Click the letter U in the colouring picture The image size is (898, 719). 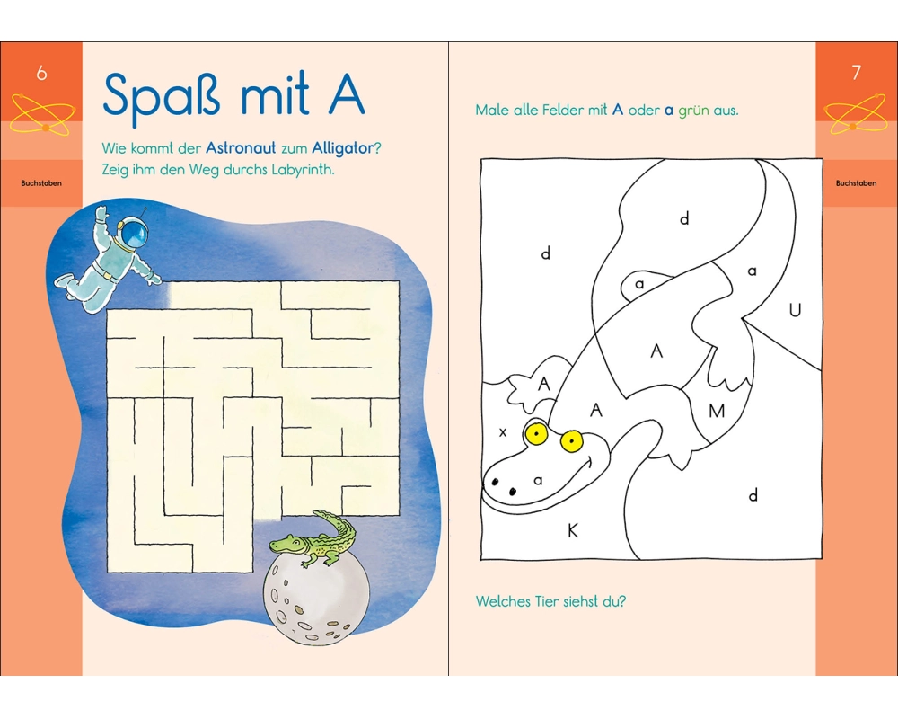tap(795, 310)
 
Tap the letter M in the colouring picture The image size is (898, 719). tap(717, 411)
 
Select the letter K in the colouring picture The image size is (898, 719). tap(572, 531)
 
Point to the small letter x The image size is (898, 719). tap(503, 432)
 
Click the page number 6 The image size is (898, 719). tap(41, 73)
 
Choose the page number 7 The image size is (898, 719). tap(856, 73)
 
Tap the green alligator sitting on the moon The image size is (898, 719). tap(313, 538)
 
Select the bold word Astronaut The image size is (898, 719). tap(241, 148)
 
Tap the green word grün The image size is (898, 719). tap(693, 110)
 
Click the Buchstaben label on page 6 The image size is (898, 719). tap(41, 183)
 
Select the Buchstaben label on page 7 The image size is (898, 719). tap(856, 183)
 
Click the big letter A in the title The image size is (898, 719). tap(346, 94)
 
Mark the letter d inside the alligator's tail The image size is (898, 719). tap(684, 218)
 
